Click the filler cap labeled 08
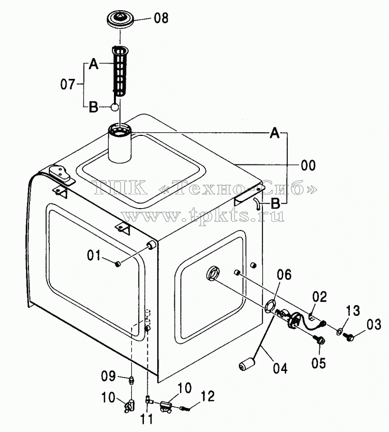coord(120,19)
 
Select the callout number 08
coord(161,18)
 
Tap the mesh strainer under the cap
coord(119,71)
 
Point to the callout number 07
coord(68,84)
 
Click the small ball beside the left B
coord(115,107)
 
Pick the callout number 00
coord(308,165)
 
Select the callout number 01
coord(94,255)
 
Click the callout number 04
coord(280,368)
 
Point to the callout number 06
coord(284,275)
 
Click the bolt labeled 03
coord(348,336)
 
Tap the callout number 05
coord(318,363)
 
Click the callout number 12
coord(207,396)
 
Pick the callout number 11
coord(146,420)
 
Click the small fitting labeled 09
coord(132,381)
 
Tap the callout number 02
coord(319,297)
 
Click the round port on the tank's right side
coord(213,273)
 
